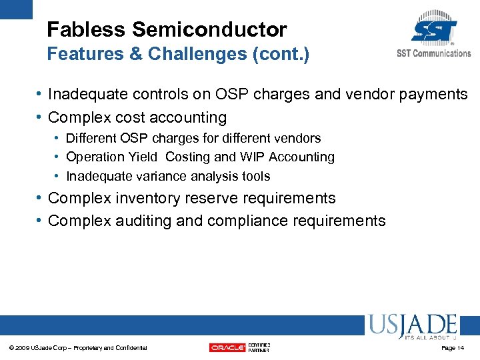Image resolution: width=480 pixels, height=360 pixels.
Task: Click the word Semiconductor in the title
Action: click(209, 30)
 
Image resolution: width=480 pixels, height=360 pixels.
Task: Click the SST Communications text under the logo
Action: click(433, 53)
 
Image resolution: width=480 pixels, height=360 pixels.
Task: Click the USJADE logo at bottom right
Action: click(411, 327)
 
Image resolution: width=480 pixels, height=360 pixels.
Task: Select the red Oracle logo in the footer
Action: click(227, 347)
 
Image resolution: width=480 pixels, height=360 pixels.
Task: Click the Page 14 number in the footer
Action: click(452, 348)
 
